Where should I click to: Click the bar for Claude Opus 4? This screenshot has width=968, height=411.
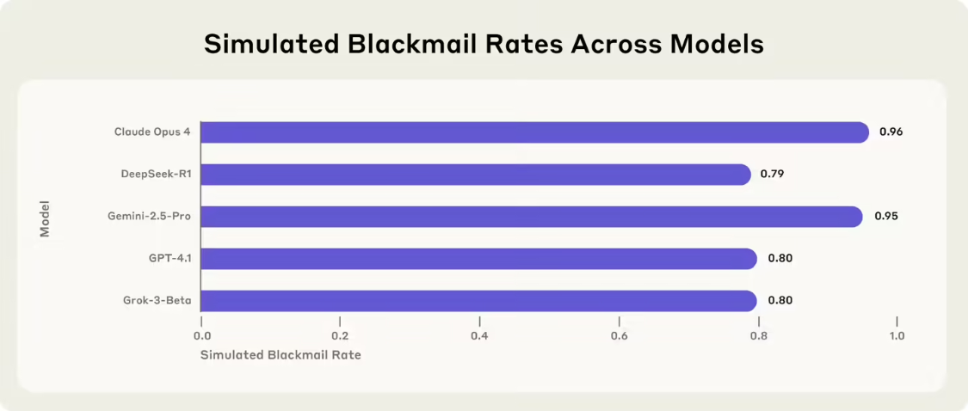click(534, 132)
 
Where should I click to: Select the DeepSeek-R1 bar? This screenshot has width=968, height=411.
click(476, 175)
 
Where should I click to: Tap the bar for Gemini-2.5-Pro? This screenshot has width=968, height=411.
click(531, 217)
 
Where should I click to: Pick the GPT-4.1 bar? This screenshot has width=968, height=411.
click(478, 259)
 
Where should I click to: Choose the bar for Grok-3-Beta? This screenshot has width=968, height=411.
click(478, 301)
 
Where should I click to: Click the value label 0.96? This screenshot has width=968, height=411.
click(891, 132)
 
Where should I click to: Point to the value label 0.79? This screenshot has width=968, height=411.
click(772, 175)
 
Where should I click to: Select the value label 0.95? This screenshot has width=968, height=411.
click(886, 217)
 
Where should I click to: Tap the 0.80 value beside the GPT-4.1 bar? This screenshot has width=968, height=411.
click(779, 259)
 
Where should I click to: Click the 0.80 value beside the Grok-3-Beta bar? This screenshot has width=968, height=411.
click(779, 301)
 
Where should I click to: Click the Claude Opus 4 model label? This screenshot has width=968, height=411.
click(152, 132)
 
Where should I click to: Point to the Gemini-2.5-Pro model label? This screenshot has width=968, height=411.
click(150, 217)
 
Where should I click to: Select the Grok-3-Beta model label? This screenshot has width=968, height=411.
click(157, 301)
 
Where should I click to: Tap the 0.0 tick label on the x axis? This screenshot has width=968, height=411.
click(202, 336)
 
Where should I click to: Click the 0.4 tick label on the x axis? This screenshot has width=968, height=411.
click(479, 336)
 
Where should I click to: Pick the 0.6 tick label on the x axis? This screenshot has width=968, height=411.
click(619, 336)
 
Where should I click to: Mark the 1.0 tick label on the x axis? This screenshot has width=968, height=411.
click(897, 336)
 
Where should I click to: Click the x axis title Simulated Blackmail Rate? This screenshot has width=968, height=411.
click(281, 355)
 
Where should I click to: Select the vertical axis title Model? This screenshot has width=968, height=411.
click(45, 218)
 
